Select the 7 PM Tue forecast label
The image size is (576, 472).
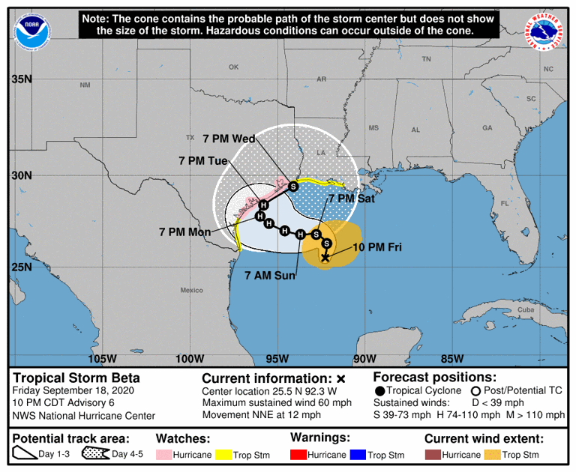(x=203, y=160)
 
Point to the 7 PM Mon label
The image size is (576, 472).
(x=184, y=232)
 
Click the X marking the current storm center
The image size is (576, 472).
(x=325, y=258)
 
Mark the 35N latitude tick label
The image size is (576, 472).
(x=22, y=79)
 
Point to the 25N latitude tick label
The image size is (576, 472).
(x=22, y=267)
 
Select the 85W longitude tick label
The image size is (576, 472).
(x=452, y=358)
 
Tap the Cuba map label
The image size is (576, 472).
(x=505, y=309)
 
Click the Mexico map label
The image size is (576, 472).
(x=191, y=290)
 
